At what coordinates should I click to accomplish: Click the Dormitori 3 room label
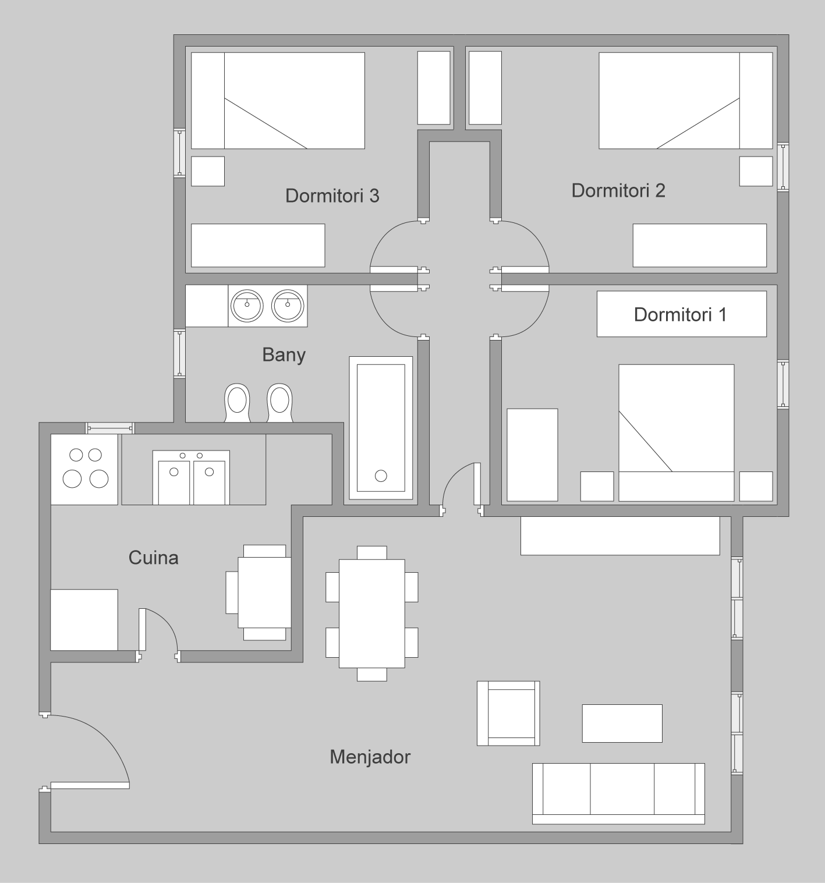click(332, 196)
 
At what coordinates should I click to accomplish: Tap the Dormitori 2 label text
click(618, 190)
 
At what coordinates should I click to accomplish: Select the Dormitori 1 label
click(680, 314)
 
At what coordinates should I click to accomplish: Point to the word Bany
click(284, 355)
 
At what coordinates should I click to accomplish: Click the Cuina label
click(154, 558)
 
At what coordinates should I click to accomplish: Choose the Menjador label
click(370, 757)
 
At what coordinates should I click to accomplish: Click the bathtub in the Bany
click(381, 428)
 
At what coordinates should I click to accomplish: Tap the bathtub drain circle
click(381, 476)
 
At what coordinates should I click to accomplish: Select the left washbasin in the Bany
click(247, 306)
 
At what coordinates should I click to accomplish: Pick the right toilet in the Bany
click(279, 402)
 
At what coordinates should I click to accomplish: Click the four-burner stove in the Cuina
click(84, 469)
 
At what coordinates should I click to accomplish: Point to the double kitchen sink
click(191, 477)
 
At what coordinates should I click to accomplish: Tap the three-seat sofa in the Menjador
click(618, 793)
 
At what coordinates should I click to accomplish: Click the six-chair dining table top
click(372, 614)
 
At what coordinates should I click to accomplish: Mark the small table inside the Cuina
click(265, 593)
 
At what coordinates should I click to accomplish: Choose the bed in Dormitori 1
click(676, 432)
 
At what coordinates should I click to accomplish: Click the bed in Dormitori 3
click(278, 101)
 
